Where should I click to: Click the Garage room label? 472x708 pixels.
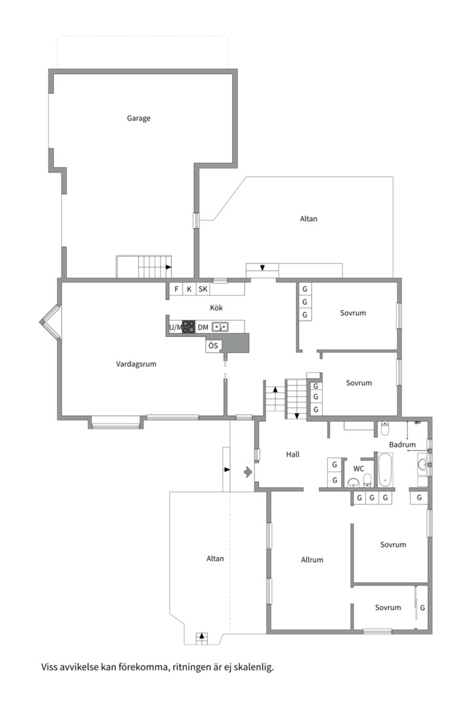(138, 118)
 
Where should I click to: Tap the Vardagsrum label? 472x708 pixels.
(136, 364)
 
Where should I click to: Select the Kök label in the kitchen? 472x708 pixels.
(216, 308)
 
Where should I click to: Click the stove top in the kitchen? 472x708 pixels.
(189, 327)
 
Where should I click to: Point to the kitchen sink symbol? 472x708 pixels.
(220, 326)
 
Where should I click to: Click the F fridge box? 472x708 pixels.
(176, 289)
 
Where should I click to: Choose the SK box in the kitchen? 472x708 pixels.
(203, 289)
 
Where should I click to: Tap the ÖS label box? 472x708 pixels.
(213, 346)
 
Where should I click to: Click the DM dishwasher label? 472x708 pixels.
(203, 327)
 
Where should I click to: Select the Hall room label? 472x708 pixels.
(292, 455)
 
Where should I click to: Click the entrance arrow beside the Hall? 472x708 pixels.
(248, 472)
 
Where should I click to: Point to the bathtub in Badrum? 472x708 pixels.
(385, 469)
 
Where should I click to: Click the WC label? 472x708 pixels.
(359, 469)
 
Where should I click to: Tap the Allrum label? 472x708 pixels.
(312, 560)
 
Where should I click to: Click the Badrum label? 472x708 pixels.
(402, 444)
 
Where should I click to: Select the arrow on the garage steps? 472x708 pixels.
(168, 267)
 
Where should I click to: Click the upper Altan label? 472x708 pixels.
(309, 219)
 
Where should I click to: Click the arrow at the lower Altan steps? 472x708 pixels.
(202, 636)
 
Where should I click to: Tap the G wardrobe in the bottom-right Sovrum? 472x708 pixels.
(422, 608)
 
